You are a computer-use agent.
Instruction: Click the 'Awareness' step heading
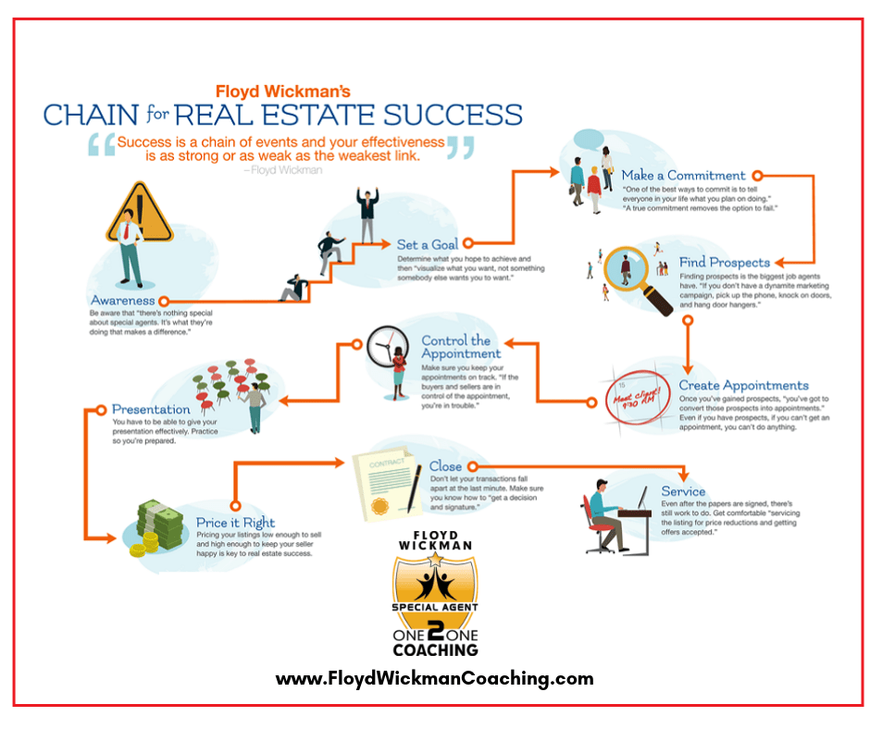[x=122, y=301]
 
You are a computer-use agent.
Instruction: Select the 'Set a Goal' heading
[x=427, y=244]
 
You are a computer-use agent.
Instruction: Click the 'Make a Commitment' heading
[x=683, y=175]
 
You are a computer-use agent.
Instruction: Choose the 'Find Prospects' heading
[x=724, y=263]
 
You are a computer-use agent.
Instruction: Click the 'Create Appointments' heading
[x=743, y=385]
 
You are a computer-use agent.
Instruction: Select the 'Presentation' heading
[x=151, y=409]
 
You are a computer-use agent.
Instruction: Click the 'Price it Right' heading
[x=235, y=523]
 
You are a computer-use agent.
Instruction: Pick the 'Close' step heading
[x=447, y=467]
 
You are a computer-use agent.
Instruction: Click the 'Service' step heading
[x=683, y=491]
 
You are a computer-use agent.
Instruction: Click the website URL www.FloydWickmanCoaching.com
[x=434, y=679]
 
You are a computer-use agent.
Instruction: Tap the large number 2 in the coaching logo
[x=434, y=625]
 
